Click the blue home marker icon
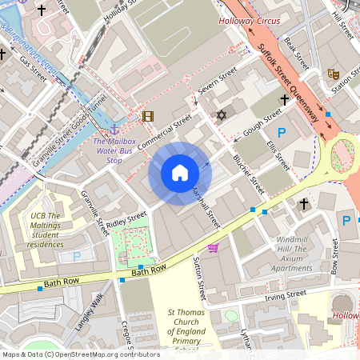pos(180,173)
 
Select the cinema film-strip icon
pos(147,116)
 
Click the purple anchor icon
pos(114,129)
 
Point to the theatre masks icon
pos(333,74)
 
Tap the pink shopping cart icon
pos(213,248)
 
